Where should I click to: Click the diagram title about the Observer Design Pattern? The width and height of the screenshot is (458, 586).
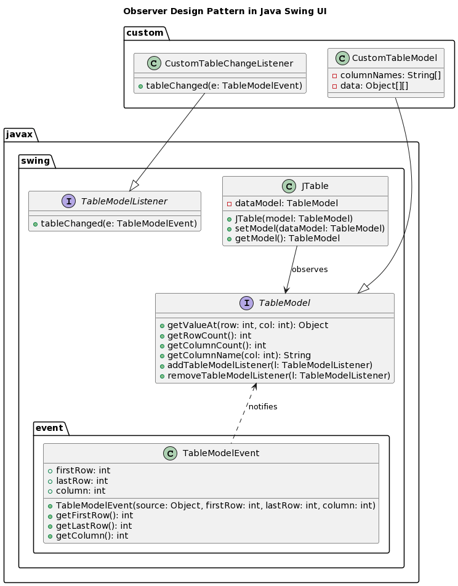click(x=225, y=11)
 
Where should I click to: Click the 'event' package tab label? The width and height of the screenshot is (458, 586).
click(x=49, y=428)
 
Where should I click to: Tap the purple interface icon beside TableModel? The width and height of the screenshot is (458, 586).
click(x=247, y=303)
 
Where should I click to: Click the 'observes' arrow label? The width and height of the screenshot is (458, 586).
click(x=309, y=270)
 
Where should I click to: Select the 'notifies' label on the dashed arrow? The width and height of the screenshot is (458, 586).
click(x=263, y=407)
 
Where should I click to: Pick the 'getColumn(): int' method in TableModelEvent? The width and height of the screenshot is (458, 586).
click(x=92, y=536)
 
